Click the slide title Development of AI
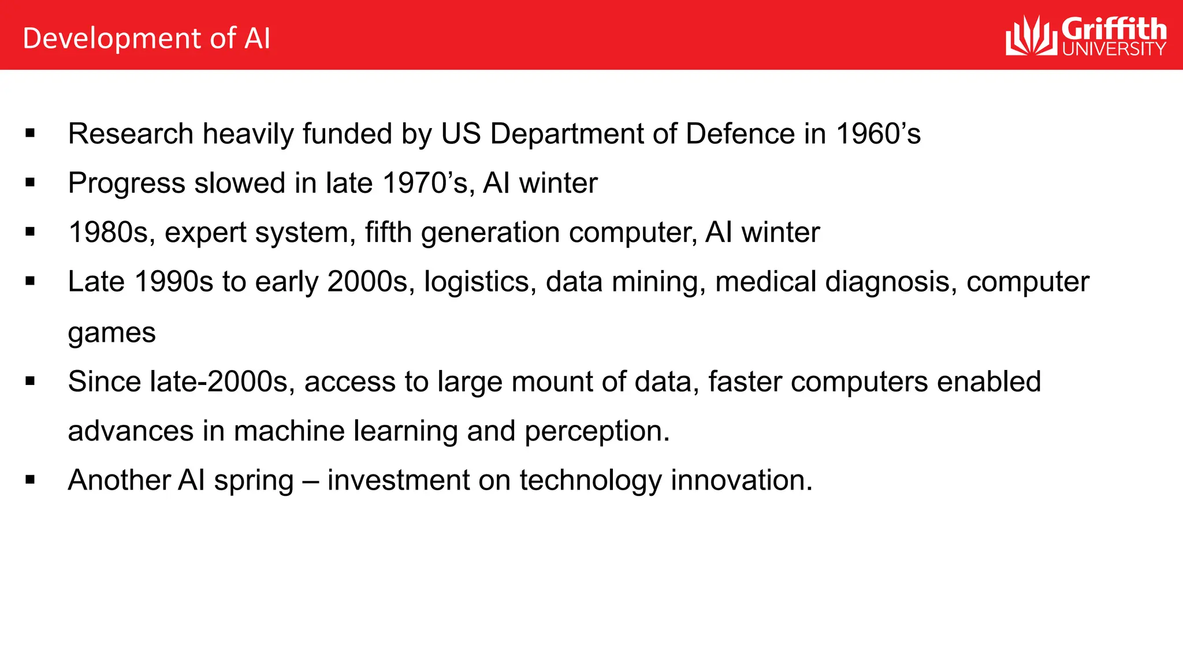pyautogui.click(x=146, y=39)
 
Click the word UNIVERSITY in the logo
pyautogui.click(x=1114, y=49)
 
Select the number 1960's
pyautogui.click(x=878, y=134)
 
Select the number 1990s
pyautogui.click(x=174, y=282)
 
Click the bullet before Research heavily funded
pyautogui.click(x=31, y=134)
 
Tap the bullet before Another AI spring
pyautogui.click(x=31, y=480)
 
